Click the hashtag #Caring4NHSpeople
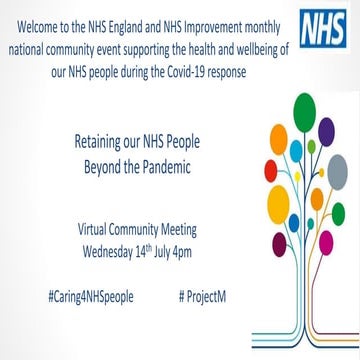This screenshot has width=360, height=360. pyautogui.click(x=90, y=271)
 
